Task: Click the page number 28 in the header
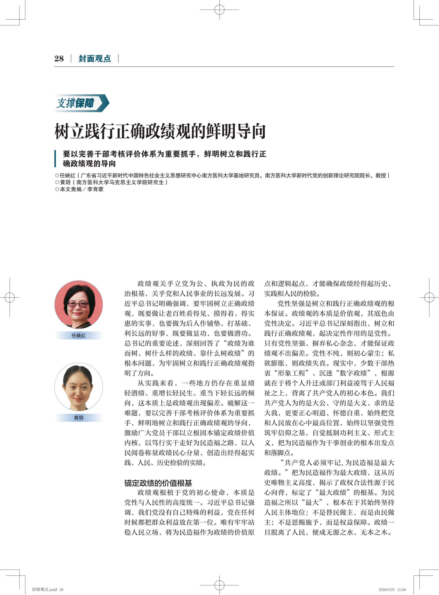(59, 59)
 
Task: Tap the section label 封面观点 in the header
(95, 59)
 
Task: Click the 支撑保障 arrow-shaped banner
(81, 103)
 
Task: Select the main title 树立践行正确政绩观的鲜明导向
(160, 131)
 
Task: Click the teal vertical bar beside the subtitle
(55, 159)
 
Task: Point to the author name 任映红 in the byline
(68, 176)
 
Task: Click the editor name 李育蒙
(95, 189)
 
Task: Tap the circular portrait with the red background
(79, 304)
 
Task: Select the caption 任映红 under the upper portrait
(79, 335)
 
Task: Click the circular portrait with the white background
(79, 387)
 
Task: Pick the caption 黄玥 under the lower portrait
(79, 418)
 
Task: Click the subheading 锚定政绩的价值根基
(158, 483)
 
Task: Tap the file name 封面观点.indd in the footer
(44, 589)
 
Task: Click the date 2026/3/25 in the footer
(387, 589)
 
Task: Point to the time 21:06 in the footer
(401, 589)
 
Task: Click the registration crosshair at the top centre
(219, 10)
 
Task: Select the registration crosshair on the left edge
(10, 297)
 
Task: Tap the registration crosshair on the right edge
(429, 297)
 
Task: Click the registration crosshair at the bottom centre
(219, 585)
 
